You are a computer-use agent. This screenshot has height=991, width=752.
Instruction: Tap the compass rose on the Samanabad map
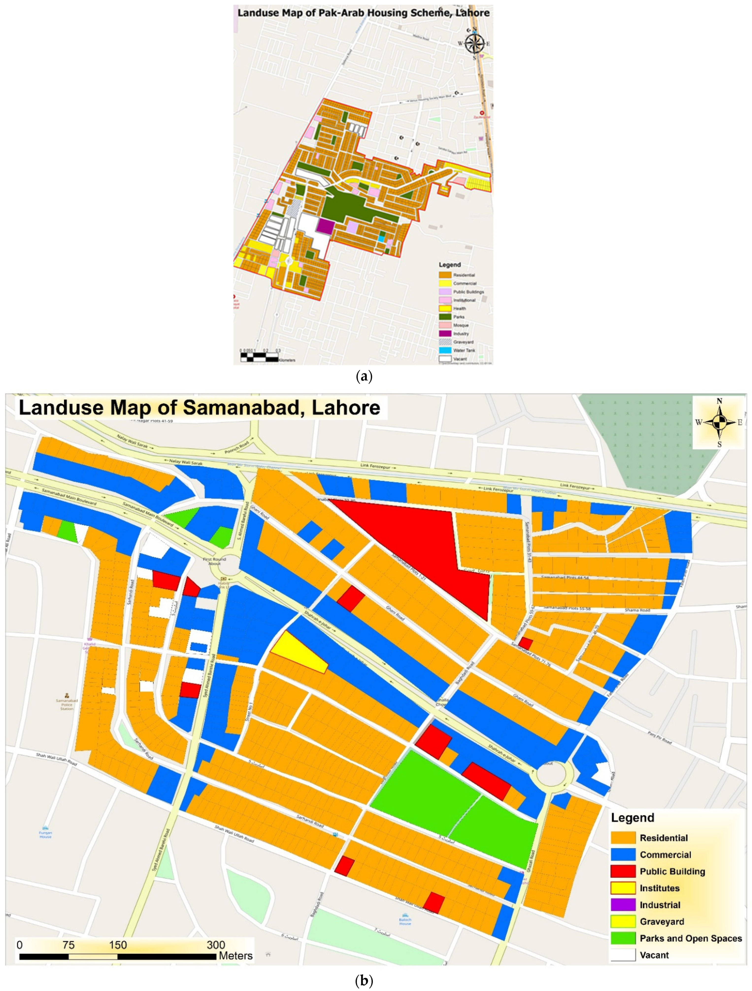(719, 422)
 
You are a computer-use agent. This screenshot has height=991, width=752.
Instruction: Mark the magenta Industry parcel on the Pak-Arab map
(325, 226)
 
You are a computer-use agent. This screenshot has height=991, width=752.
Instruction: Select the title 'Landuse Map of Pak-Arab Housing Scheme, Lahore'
(363, 13)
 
